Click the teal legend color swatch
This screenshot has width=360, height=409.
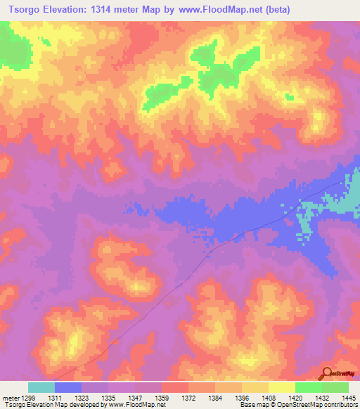click(x=41, y=387)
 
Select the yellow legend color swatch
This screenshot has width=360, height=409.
click(x=282, y=387)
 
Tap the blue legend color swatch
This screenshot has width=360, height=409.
click(x=68, y=387)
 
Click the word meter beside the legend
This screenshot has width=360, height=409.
click(x=10, y=397)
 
